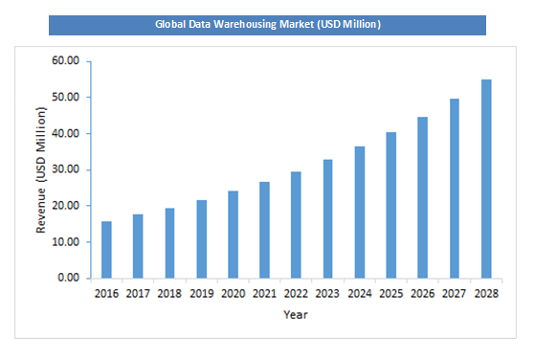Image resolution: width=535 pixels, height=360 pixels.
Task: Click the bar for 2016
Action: (106, 250)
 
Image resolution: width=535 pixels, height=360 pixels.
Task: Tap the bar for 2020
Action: (233, 235)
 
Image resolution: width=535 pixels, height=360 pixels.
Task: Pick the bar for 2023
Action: (327, 219)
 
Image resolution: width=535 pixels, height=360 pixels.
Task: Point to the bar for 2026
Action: (422, 198)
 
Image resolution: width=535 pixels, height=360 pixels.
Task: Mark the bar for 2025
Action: (390, 206)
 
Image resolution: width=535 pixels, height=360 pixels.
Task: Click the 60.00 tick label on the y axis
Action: (67, 61)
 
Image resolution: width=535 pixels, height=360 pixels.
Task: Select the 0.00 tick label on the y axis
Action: (70, 279)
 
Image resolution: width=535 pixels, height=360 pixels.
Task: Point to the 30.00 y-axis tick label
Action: (67, 170)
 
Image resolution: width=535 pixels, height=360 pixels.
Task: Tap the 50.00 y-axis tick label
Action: (67, 98)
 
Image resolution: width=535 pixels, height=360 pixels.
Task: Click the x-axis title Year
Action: (295, 313)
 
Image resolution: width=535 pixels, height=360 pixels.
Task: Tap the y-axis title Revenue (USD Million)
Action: (41, 170)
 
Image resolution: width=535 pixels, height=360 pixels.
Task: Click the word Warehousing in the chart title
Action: (251, 24)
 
